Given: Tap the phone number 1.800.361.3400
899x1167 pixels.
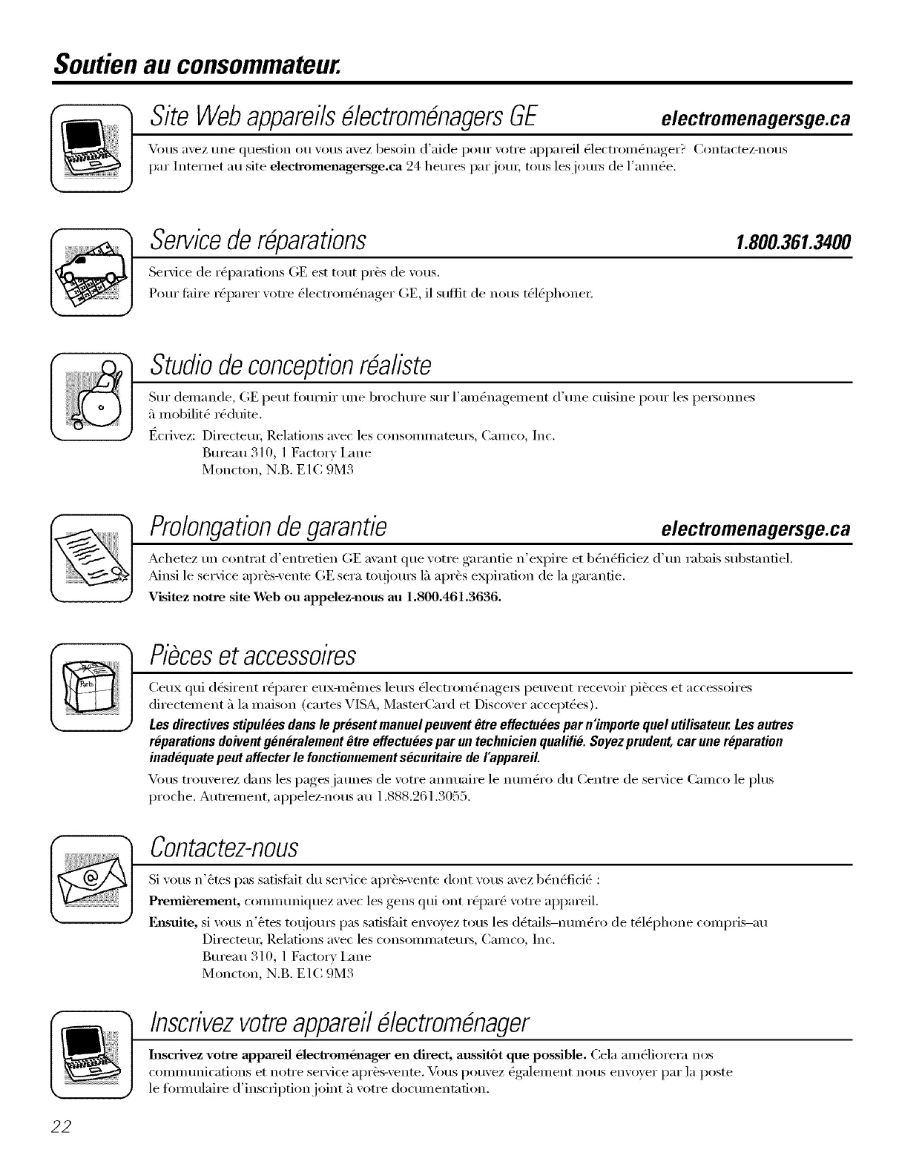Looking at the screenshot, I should [792, 242].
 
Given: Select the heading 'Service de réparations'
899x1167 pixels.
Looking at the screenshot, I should [258, 240].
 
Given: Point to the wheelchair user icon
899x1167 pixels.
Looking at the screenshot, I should [90, 399].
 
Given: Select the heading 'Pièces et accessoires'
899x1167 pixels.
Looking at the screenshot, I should [253, 655].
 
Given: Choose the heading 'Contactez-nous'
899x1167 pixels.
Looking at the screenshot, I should [224, 846].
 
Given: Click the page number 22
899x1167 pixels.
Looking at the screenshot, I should [61, 1125].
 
